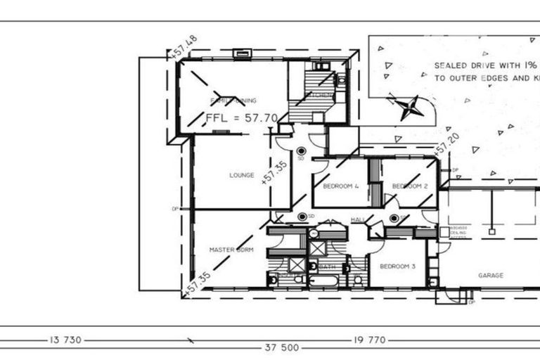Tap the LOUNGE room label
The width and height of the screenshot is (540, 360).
(241, 175)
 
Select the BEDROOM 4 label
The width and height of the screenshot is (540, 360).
(341, 186)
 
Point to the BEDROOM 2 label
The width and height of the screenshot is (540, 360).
(410, 186)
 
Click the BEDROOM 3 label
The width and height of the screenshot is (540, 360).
(397, 266)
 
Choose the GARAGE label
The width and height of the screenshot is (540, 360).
(490, 275)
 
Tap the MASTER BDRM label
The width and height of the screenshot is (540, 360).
(231, 250)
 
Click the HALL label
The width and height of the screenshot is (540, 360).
(356, 221)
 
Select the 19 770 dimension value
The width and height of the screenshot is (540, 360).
(368, 340)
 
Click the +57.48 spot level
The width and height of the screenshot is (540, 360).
(183, 48)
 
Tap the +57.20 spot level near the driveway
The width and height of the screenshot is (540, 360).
(441, 146)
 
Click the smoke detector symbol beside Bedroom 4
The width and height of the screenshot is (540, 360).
(302, 150)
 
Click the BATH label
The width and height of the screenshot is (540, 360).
(327, 267)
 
